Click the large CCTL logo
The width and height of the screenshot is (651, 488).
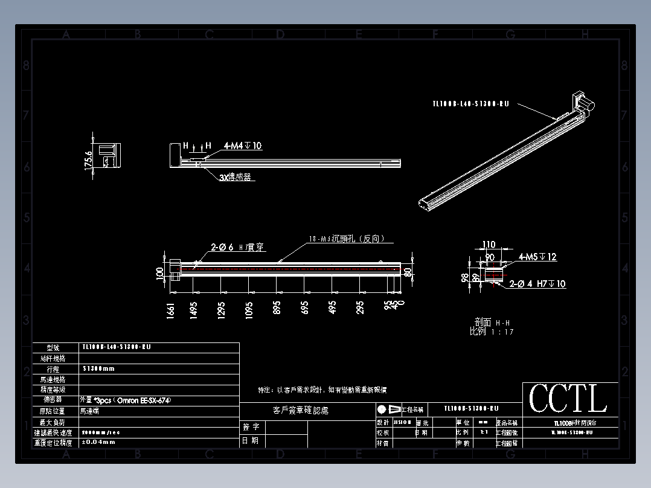[x=568, y=399]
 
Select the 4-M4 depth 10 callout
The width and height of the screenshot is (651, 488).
[x=243, y=146]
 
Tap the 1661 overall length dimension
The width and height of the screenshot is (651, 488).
[x=171, y=310]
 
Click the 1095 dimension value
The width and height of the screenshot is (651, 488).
[x=249, y=309]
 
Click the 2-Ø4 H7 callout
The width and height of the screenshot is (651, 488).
[x=537, y=283]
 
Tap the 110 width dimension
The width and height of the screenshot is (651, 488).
[x=489, y=245]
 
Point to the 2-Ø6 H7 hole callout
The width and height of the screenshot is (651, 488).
[x=238, y=247]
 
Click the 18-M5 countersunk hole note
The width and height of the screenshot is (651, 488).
[x=347, y=239]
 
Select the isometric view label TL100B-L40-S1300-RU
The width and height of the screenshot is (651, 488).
[x=470, y=104]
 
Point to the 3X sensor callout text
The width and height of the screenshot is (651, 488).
[x=235, y=178]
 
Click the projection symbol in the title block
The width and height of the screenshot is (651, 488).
[x=388, y=409]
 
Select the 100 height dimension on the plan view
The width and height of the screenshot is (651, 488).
[x=160, y=273]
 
